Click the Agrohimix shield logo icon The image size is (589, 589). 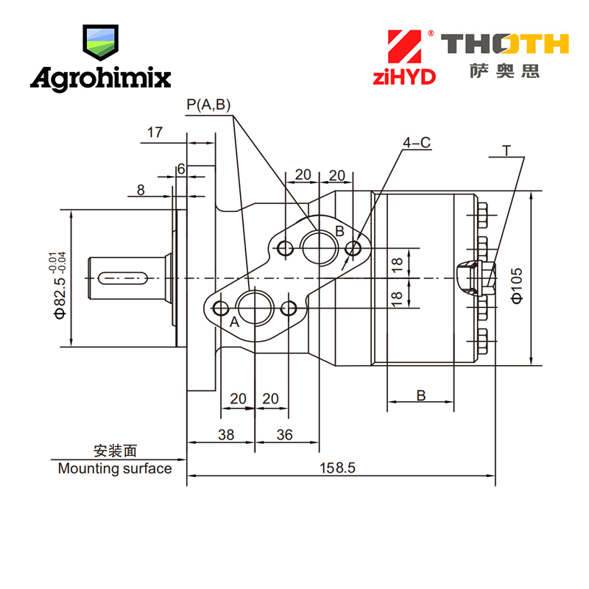click(100, 43)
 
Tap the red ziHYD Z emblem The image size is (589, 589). click(404, 46)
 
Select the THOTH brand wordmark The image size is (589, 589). click(505, 43)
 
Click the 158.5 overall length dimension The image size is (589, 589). click(337, 468)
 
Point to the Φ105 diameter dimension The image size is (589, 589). click(517, 286)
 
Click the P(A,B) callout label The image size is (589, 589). click(208, 105)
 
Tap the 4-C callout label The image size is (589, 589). click(417, 142)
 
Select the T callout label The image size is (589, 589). click(507, 151)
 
